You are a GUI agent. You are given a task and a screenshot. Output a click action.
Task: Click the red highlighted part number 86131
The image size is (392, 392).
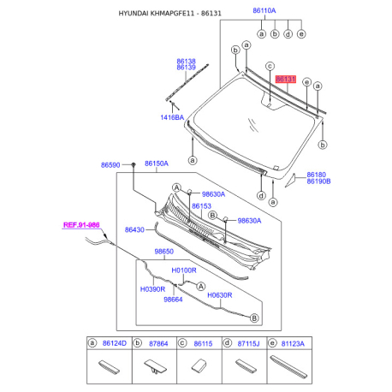(x=286, y=79)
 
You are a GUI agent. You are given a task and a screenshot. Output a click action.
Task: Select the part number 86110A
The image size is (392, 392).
(x=264, y=10)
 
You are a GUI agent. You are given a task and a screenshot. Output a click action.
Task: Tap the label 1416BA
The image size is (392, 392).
(x=172, y=117)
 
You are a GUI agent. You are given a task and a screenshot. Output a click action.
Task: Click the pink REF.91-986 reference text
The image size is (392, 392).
(x=81, y=225)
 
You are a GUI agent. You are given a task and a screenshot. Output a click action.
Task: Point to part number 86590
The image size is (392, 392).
(x=110, y=165)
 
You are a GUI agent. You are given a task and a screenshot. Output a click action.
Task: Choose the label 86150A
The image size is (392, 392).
(x=157, y=163)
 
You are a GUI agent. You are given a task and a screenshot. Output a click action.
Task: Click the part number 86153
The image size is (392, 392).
(x=201, y=206)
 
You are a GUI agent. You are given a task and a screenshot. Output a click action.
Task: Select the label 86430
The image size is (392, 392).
(x=134, y=229)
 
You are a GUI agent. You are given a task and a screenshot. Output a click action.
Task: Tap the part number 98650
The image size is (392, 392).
(x=164, y=252)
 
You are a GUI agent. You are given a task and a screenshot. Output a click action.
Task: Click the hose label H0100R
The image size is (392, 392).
(x=184, y=270)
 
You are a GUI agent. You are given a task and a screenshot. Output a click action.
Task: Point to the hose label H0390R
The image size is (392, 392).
(x=152, y=289)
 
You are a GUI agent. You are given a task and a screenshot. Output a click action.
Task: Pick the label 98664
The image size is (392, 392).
(x=173, y=300)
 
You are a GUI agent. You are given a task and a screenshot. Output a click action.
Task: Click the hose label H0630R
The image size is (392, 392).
(x=219, y=295)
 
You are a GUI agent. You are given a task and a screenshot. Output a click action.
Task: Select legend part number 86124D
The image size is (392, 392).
(x=114, y=343)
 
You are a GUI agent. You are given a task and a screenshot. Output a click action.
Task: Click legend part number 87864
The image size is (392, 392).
(x=158, y=343)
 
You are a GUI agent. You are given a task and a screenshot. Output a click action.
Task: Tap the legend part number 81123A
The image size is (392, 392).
(x=293, y=343)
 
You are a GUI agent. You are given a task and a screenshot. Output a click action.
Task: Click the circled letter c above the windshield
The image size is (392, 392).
(x=270, y=66)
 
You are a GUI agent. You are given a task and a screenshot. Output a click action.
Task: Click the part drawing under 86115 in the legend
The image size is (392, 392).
(x=199, y=365)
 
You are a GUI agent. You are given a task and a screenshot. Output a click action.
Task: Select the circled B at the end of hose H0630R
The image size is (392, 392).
(x=254, y=318)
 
